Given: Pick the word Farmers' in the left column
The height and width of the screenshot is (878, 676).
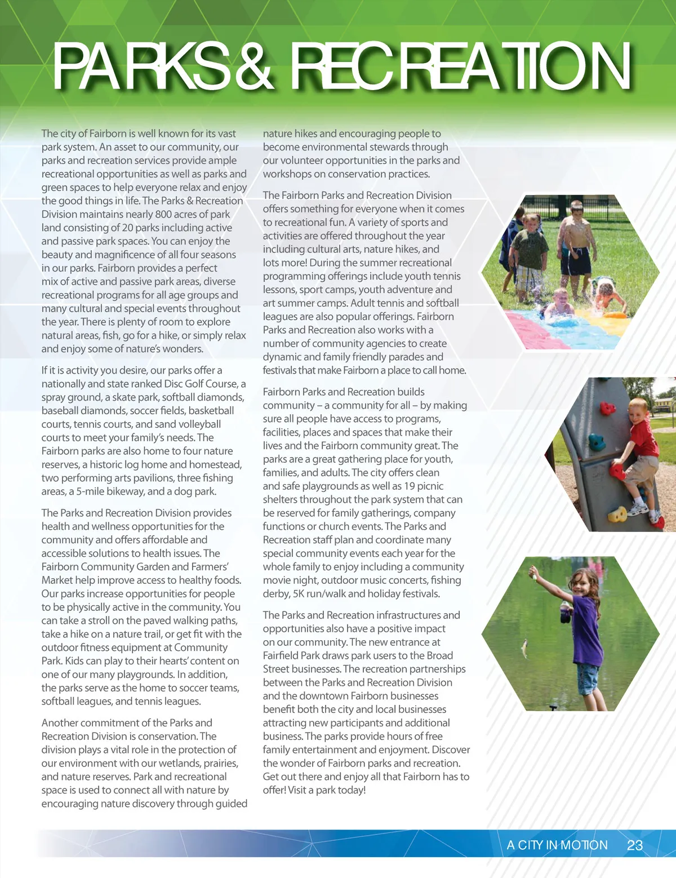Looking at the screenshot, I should pyautogui.click(x=210, y=566).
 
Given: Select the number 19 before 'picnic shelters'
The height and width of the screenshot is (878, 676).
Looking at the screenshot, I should pyautogui.click(x=410, y=486).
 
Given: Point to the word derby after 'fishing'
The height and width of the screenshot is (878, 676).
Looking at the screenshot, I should pyautogui.click(x=276, y=593).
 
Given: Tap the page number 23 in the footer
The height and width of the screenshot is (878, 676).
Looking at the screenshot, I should pyautogui.click(x=635, y=845).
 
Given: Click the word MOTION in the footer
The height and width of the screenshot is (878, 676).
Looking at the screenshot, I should pyautogui.click(x=584, y=845).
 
